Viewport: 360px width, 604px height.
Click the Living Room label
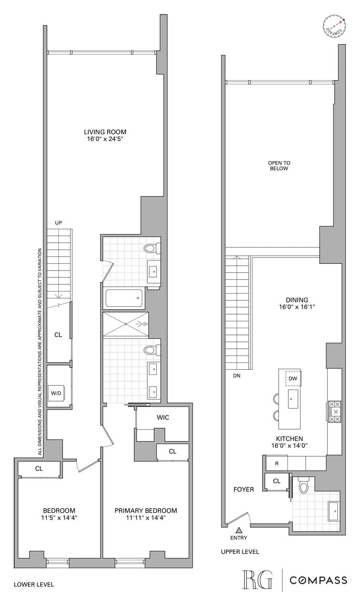pos(105,132)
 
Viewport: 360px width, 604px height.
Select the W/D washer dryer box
pos(56,393)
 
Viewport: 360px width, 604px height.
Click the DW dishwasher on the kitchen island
pos(293,379)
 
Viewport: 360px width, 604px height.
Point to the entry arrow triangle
pos(239,530)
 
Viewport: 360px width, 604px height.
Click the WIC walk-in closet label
pos(163,418)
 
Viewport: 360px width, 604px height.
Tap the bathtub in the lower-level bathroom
pos(124,298)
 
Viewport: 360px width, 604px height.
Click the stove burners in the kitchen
pos(334,412)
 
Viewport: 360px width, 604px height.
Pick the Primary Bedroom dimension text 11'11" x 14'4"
pos(146,518)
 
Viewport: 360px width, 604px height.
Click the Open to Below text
pos(279,166)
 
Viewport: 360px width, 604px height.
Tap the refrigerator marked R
pos(277,463)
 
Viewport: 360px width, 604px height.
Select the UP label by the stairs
pos(59,223)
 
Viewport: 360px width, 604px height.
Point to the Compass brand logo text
pos(319,580)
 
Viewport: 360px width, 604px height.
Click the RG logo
pos(257,580)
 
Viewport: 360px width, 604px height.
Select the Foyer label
pos(244,490)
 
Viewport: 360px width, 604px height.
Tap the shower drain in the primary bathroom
pos(126,324)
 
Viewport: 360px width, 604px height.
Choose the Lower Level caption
pos(34,584)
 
